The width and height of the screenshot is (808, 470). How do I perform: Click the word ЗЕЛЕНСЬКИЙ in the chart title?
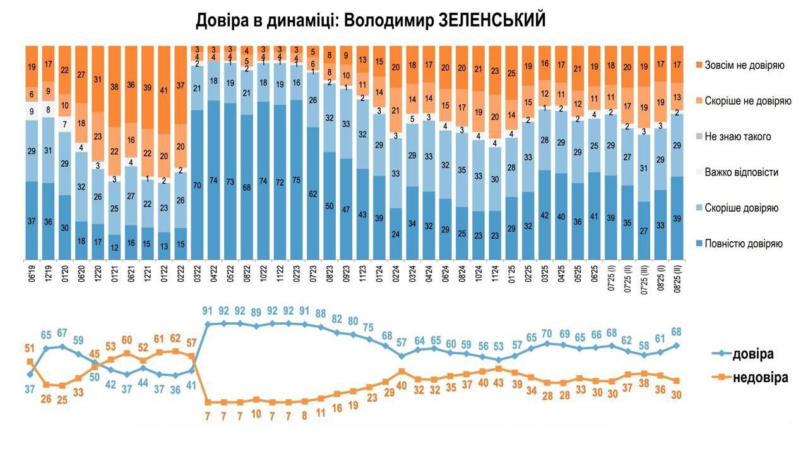[485, 20]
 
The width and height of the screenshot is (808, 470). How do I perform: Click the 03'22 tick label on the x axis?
[197, 278]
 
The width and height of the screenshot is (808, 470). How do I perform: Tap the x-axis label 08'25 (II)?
[677, 278]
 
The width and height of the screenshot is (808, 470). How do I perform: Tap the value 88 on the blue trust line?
[321, 313]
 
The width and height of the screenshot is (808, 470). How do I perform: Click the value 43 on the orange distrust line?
[499, 383]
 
